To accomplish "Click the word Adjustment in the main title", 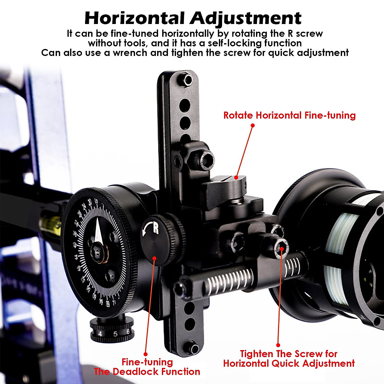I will click(x=246, y=18).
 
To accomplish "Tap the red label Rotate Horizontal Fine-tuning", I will click(x=289, y=115).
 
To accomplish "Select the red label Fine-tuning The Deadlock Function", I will click(x=147, y=367).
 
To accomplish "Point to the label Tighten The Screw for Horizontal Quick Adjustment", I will click(x=289, y=359).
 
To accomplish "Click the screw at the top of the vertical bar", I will click(x=187, y=79).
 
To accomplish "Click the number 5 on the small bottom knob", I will click(x=115, y=334).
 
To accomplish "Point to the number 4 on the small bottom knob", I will click(x=100, y=334).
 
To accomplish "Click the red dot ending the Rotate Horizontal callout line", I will click(x=252, y=125).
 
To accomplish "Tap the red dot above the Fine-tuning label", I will click(x=146, y=354).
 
